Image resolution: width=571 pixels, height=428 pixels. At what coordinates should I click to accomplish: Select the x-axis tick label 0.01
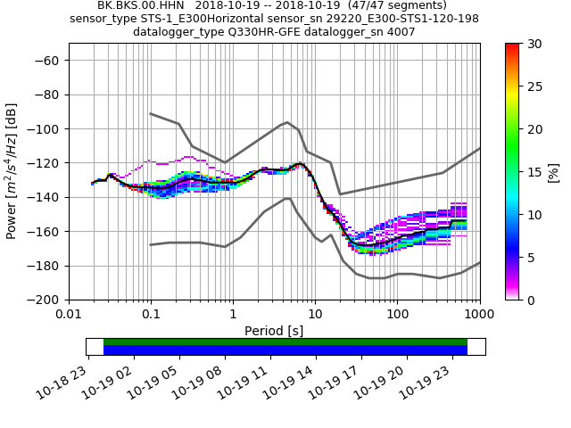(x=69, y=314)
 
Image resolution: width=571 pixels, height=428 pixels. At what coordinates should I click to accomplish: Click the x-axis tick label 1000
(x=479, y=314)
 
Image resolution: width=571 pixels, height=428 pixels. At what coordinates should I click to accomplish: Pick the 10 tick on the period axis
(x=315, y=314)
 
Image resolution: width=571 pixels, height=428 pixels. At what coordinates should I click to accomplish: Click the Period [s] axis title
(x=274, y=330)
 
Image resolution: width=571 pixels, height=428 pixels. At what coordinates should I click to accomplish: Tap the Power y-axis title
(x=12, y=171)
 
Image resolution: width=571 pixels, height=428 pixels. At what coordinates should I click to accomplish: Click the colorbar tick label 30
(x=533, y=44)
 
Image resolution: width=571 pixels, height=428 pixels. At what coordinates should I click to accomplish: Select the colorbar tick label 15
(x=533, y=172)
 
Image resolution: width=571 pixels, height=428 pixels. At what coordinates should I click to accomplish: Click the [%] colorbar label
(x=554, y=171)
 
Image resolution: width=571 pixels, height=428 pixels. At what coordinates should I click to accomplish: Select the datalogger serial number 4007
(x=399, y=32)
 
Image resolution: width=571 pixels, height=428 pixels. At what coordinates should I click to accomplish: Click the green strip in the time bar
(x=285, y=342)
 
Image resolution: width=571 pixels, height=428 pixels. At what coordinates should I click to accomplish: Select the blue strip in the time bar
(x=285, y=350)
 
